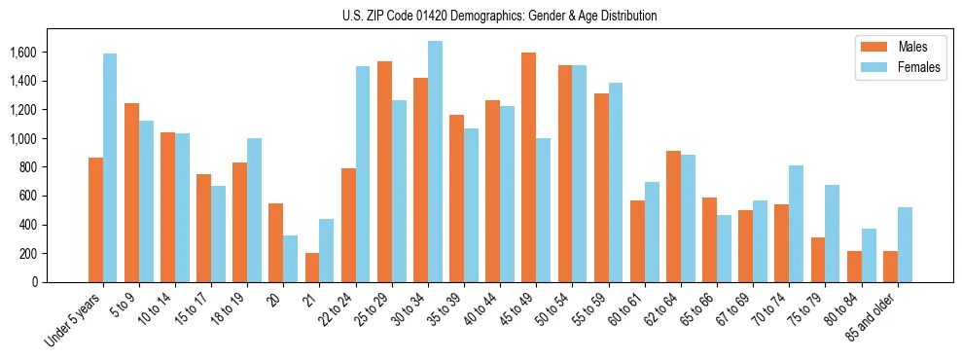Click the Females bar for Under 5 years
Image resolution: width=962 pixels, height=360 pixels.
110,167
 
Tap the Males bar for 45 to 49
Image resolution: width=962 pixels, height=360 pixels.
528,167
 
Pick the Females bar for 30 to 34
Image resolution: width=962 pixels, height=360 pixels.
435,162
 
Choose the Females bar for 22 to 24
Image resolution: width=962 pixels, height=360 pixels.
363,174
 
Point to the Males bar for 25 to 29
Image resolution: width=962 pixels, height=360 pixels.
384,171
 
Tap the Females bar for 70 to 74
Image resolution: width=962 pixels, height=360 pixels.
796,224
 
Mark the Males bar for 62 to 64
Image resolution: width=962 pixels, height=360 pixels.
673,216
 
